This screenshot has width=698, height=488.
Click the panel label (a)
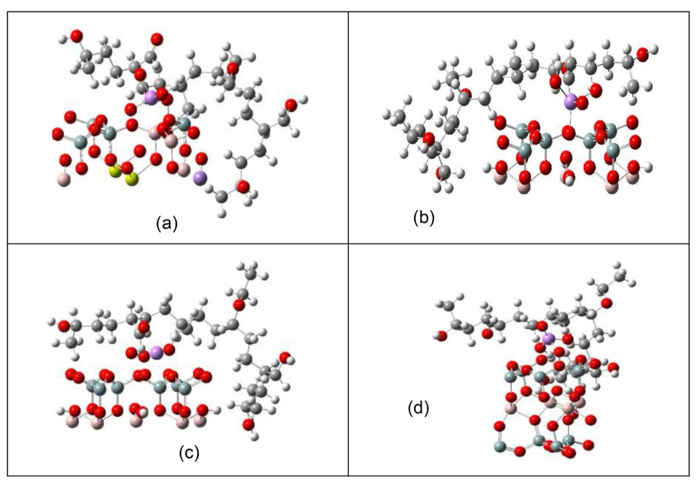167,224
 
